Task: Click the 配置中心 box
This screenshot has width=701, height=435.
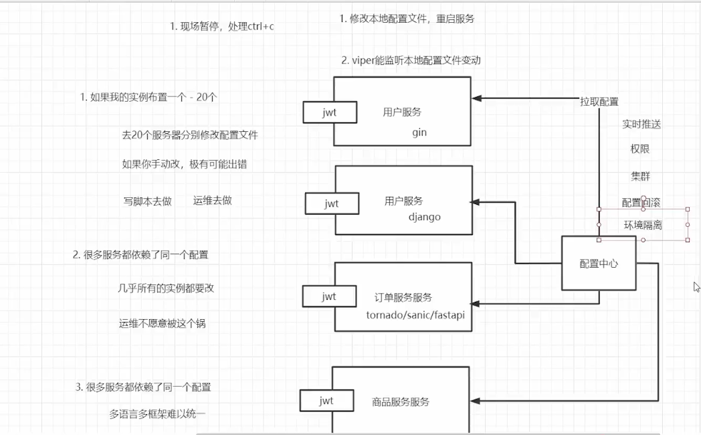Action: (x=598, y=263)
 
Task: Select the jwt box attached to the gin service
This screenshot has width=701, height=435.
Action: (x=328, y=112)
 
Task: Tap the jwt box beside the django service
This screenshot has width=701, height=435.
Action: (x=331, y=203)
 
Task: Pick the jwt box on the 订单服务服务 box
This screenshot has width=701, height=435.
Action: (x=328, y=296)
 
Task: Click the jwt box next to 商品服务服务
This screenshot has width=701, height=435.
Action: (x=326, y=401)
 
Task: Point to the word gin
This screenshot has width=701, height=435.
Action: (x=419, y=133)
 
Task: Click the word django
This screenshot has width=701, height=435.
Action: (x=424, y=217)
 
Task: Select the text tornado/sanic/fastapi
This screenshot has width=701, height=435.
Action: (x=415, y=315)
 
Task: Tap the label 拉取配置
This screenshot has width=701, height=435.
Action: (x=599, y=102)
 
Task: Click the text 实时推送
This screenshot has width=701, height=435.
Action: (x=641, y=124)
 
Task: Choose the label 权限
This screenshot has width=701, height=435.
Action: (x=640, y=149)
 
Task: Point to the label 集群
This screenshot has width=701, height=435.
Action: (x=640, y=176)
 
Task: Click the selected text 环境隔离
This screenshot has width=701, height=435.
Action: (x=643, y=225)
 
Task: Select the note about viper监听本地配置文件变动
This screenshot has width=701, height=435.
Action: (x=411, y=60)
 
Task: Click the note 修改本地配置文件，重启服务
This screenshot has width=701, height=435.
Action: (x=407, y=19)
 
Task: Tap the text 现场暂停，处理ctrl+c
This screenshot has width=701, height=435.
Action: (x=222, y=27)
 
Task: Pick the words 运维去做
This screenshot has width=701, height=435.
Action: (x=212, y=200)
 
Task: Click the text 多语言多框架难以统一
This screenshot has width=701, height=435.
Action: (x=157, y=414)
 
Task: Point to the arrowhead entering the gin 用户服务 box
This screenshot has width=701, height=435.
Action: (x=477, y=98)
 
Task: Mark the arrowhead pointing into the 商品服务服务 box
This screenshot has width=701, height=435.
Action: (x=476, y=401)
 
